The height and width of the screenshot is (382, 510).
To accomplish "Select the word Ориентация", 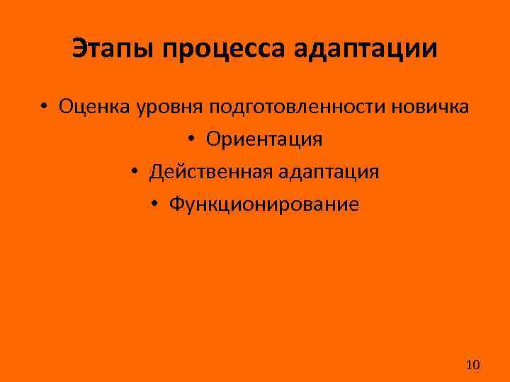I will (x=264, y=140).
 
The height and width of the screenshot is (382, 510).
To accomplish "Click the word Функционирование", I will (x=264, y=205).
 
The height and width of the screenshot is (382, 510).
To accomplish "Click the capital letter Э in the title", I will (x=79, y=49).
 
